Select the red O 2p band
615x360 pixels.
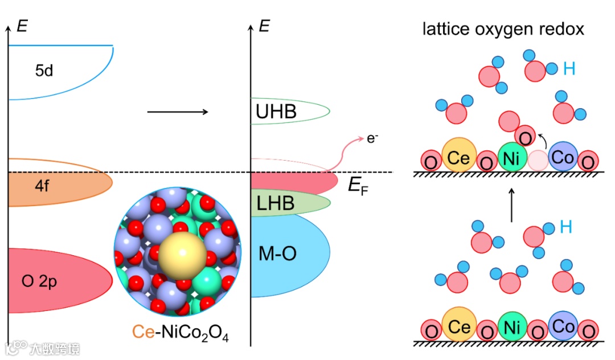(57, 280)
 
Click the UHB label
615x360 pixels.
(276, 111)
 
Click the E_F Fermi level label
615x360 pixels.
(358, 186)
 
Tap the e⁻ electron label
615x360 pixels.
(372, 137)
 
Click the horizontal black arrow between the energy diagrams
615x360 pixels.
(178, 111)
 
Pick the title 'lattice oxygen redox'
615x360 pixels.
(503, 29)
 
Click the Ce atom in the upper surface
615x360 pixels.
(458, 157)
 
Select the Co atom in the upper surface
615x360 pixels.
(563, 157)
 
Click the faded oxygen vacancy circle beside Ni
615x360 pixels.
(537, 160)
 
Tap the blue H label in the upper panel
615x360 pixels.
(569, 69)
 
